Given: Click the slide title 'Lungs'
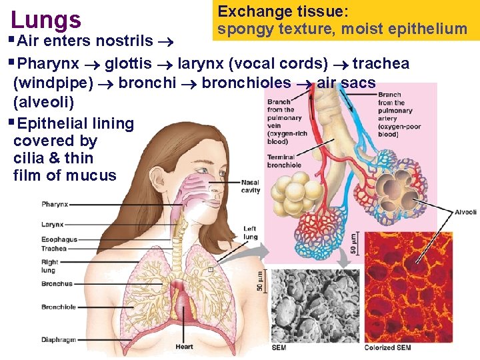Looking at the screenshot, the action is click(x=46, y=19).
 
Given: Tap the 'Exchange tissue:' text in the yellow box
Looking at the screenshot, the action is click(x=283, y=11).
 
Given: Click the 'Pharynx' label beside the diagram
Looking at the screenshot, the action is click(x=55, y=204).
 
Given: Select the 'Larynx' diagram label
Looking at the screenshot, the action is click(x=53, y=224).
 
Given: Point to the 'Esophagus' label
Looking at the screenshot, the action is click(x=59, y=239).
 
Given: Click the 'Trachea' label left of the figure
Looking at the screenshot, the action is click(x=54, y=249).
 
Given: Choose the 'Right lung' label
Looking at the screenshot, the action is click(x=50, y=266).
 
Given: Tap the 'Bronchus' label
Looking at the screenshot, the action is click(x=57, y=284).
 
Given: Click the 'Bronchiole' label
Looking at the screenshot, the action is click(x=59, y=307).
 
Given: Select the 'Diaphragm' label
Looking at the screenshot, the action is click(x=59, y=339).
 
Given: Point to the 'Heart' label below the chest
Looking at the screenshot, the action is click(x=184, y=347).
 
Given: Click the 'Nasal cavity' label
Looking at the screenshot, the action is click(x=251, y=186).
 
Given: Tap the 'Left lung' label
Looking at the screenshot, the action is click(x=250, y=233).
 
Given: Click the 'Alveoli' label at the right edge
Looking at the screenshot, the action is click(x=465, y=212).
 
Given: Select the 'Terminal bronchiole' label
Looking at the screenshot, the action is click(x=285, y=161).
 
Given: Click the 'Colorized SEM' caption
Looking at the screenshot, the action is click(x=388, y=348).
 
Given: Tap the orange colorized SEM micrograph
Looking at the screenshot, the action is click(x=408, y=287).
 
